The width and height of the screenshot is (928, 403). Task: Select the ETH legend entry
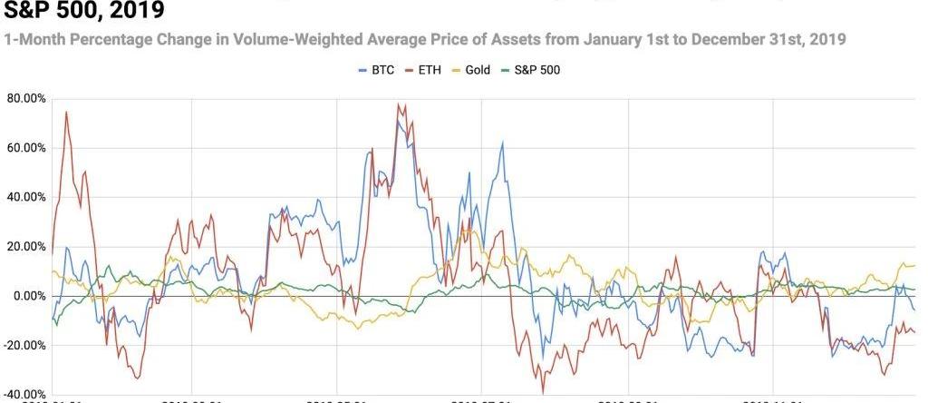coord(437,70)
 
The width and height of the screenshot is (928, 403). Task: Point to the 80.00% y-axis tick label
coord(26,98)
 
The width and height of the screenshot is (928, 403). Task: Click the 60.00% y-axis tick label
coord(26,147)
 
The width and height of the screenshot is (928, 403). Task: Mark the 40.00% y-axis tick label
coord(26,197)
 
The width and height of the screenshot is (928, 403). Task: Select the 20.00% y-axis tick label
coord(26,247)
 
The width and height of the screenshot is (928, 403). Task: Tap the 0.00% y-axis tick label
coord(29,296)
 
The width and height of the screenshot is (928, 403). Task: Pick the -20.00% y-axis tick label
coord(24,346)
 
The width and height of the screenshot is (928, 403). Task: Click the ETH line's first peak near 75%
coord(66,113)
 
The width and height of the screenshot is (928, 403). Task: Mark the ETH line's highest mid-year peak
coord(399,103)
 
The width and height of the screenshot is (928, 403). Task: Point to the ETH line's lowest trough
coord(543,392)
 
